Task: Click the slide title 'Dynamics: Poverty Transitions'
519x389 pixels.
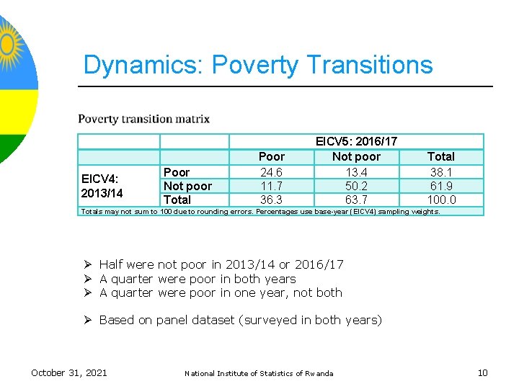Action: click(257, 65)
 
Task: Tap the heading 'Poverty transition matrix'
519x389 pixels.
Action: click(143, 119)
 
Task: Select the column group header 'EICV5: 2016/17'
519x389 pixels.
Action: click(356, 142)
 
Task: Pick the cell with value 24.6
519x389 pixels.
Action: click(271, 171)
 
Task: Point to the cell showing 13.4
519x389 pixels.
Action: click(356, 171)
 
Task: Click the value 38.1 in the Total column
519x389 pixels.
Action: click(440, 171)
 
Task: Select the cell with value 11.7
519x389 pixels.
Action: click(271, 186)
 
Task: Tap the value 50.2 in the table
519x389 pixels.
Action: click(356, 186)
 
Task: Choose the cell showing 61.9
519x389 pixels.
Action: click(440, 186)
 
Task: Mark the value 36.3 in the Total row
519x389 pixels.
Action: click(271, 200)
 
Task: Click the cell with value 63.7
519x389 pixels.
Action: click(356, 200)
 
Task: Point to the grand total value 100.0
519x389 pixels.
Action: click(440, 200)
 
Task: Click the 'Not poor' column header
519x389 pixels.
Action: click(356, 156)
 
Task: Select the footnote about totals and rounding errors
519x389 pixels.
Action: click(260, 212)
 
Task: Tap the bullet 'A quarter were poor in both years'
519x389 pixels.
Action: click(197, 279)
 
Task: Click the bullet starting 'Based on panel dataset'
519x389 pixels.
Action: click(240, 320)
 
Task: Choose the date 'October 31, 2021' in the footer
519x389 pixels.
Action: click(69, 372)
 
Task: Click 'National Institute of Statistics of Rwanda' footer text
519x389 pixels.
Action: click(259, 373)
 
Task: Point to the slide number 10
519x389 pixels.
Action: click(482, 372)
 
